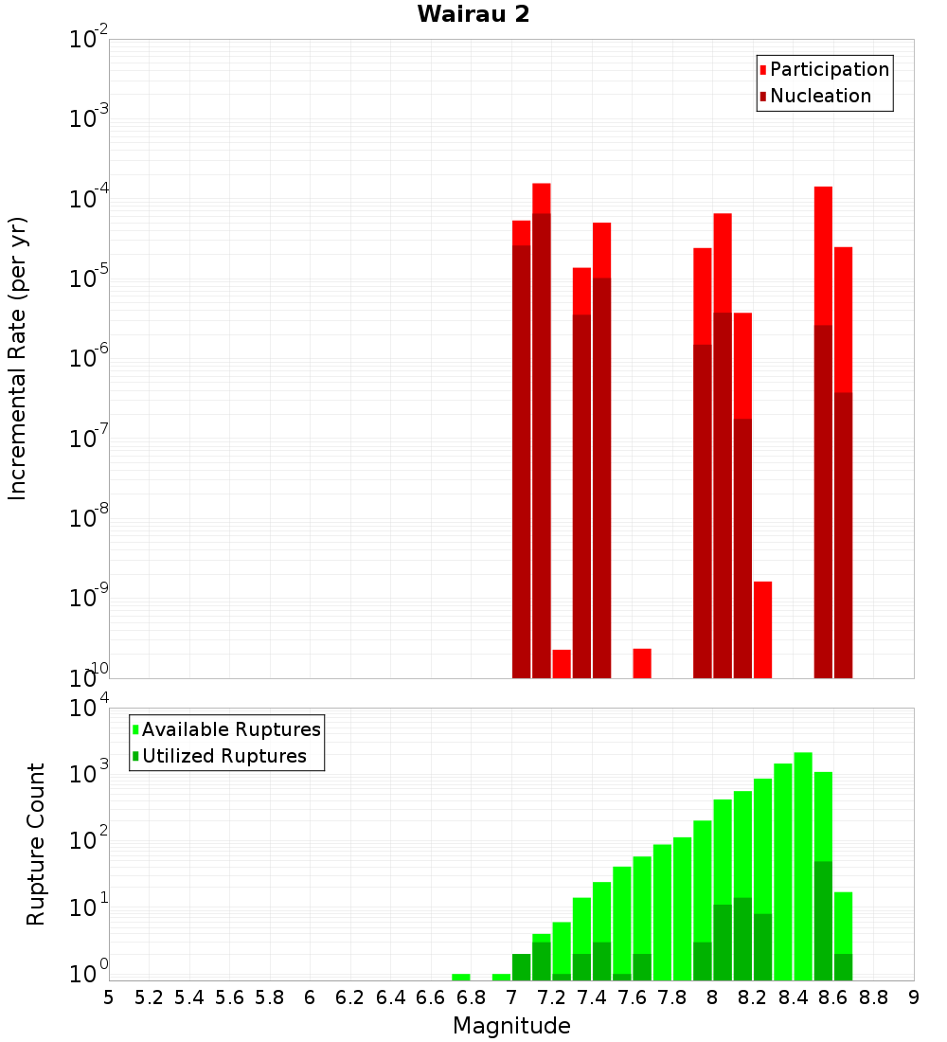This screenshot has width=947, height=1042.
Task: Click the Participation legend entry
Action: pyautogui.click(x=830, y=69)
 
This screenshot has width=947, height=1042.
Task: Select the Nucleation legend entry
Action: pyautogui.click(x=820, y=96)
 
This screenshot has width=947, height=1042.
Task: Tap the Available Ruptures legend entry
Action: pyautogui.click(x=231, y=729)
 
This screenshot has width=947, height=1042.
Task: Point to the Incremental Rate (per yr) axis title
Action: pyautogui.click(x=18, y=359)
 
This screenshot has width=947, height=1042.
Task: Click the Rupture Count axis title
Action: pyautogui.click(x=36, y=844)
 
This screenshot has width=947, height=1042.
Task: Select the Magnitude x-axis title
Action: pyautogui.click(x=511, y=1026)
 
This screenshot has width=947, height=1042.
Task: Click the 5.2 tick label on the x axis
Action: pyautogui.click(x=149, y=997)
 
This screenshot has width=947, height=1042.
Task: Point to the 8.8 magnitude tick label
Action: pyautogui.click(x=873, y=997)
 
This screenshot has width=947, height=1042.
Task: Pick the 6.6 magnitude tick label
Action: pyautogui.click(x=430, y=997)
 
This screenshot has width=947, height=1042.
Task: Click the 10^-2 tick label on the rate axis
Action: pyautogui.click(x=89, y=41)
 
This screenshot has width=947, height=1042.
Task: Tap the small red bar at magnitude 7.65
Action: pyautogui.click(x=642, y=663)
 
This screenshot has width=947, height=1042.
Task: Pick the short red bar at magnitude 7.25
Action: pyautogui.click(x=562, y=664)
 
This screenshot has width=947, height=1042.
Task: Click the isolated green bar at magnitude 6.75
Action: pyautogui.click(x=461, y=977)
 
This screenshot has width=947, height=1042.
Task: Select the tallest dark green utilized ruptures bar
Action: pyautogui.click(x=823, y=919)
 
